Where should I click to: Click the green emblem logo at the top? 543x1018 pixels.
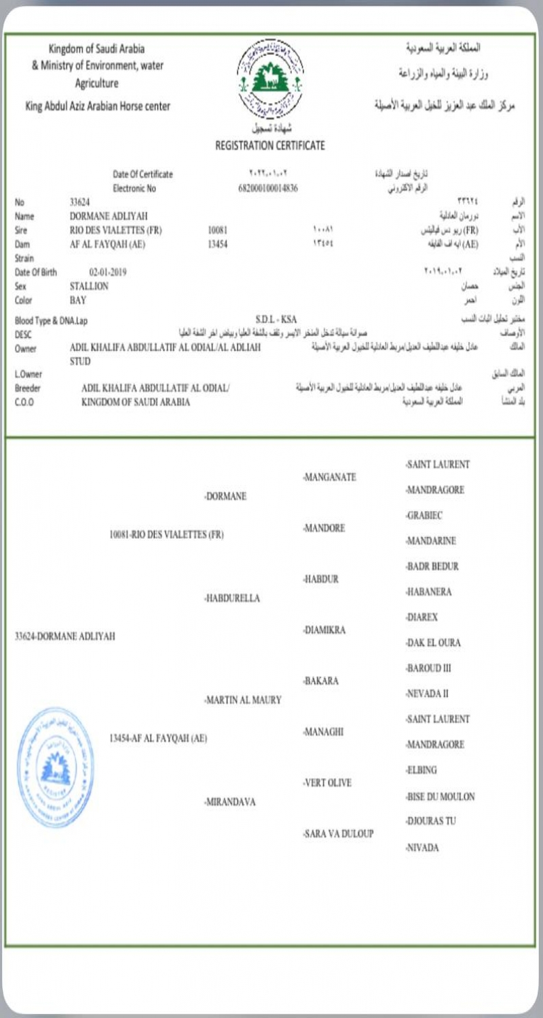(x=270, y=78)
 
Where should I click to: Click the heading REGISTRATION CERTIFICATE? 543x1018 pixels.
(x=270, y=145)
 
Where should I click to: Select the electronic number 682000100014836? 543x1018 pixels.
(x=268, y=188)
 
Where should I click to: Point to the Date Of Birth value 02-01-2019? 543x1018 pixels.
(x=108, y=272)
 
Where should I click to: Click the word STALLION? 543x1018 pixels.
(x=90, y=286)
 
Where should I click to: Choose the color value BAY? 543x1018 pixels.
(x=78, y=300)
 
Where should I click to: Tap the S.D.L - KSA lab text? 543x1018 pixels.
(x=276, y=319)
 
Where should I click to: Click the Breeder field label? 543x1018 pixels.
(x=29, y=388)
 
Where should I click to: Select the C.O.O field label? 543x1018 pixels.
(x=24, y=402)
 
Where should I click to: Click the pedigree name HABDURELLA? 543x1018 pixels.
(x=232, y=598)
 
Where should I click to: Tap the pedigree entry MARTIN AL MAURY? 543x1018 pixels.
(x=243, y=700)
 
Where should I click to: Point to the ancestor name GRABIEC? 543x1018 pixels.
(x=426, y=516)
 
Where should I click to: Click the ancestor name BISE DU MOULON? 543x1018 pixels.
(x=440, y=796)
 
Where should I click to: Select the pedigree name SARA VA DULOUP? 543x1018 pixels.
(x=339, y=833)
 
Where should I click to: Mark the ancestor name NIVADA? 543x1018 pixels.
(x=423, y=848)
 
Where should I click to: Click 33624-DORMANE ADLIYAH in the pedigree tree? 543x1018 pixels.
(x=65, y=636)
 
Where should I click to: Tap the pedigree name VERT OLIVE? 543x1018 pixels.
(x=328, y=783)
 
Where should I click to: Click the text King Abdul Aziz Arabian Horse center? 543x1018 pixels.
(x=98, y=106)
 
